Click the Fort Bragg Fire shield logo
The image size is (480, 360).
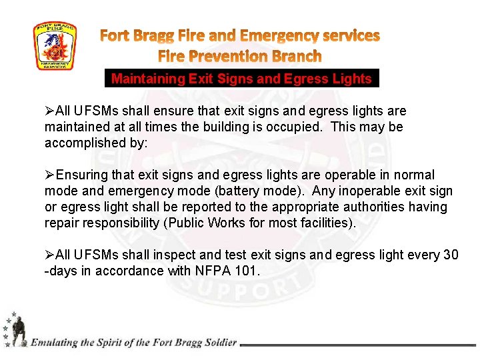(55, 46)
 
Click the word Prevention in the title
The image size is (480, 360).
(234, 56)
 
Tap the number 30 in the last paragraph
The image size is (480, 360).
(451, 255)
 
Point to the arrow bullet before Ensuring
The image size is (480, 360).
(50, 175)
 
